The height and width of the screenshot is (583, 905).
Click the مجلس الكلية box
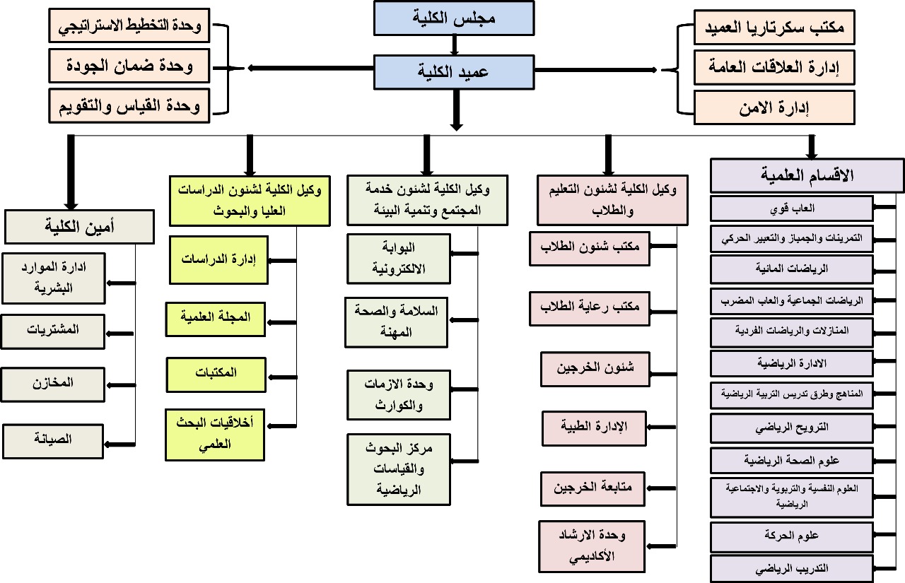tap(454, 18)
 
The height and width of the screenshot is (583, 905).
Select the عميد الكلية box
tap(454, 71)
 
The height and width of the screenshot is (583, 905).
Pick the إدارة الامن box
tap(773, 107)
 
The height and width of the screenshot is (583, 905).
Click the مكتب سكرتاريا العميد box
tap(773, 28)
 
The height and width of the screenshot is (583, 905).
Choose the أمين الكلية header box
tap(79, 227)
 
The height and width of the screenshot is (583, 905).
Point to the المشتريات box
tap(53, 329)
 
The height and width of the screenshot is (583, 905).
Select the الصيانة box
tap(53, 440)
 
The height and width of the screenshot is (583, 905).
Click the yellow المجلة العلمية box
tap(216, 318)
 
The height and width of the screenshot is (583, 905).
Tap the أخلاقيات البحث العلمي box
tap(215, 434)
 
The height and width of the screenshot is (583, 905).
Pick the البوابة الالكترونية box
tap(398, 258)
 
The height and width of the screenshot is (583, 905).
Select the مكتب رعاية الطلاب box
tap(590, 307)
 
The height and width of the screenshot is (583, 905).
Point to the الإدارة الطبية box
tap(595, 427)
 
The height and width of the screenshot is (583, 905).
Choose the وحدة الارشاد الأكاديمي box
tap(591, 545)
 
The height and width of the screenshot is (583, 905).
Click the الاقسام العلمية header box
tap(807, 175)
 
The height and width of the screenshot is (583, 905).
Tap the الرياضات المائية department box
tap(791, 269)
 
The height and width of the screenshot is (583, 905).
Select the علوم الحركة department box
tap(791, 535)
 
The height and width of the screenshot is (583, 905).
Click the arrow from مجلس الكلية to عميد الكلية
tap(454, 45)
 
